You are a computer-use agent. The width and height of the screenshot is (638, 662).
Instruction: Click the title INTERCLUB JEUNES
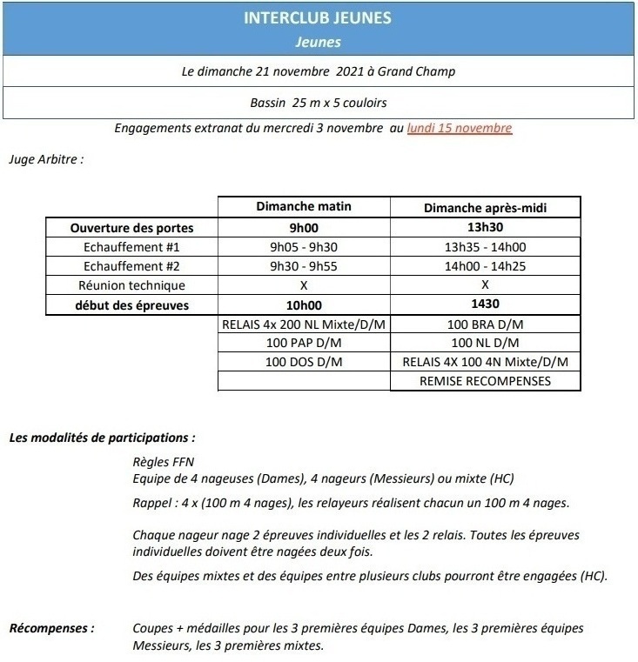(318, 18)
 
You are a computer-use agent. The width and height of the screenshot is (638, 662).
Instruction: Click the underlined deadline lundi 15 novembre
(459, 128)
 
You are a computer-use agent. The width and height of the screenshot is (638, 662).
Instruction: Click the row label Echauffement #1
(131, 247)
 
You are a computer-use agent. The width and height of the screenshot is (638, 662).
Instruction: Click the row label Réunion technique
(131, 285)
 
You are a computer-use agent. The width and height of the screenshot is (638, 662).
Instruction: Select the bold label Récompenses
(50, 627)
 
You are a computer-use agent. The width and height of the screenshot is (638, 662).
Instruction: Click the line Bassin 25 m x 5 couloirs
(318, 103)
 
